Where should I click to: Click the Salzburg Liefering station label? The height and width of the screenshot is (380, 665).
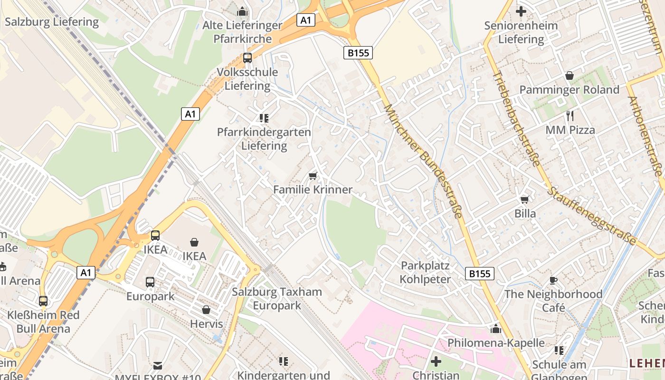point(52,22)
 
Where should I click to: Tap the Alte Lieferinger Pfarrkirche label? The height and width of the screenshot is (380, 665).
point(242,32)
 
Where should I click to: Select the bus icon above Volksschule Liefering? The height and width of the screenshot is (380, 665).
point(247,58)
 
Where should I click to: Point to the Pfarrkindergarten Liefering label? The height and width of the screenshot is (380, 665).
point(264,139)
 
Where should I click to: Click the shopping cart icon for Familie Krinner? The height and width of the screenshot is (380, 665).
point(313,176)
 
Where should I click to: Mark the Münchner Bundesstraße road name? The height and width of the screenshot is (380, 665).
point(422,161)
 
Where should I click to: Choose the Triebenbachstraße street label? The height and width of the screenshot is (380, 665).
point(516,119)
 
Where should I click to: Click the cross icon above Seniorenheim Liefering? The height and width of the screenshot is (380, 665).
point(521,11)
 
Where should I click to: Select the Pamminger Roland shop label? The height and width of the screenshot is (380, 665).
point(569,90)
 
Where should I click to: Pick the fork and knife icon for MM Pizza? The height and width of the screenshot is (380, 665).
point(570,115)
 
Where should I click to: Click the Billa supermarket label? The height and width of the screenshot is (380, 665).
point(525,214)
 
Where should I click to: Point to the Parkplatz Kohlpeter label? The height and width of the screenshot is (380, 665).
point(425,272)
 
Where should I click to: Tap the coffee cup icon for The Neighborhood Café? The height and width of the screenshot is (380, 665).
point(553,280)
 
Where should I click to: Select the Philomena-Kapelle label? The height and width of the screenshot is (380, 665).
point(496,342)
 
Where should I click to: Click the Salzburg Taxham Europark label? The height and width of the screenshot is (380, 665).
point(277,298)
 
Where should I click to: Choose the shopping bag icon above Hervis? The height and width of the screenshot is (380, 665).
point(206,310)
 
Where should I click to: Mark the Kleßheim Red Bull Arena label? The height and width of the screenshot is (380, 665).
point(43,322)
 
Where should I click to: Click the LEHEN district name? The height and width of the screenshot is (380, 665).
point(646,363)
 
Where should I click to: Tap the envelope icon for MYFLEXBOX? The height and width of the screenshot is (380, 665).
point(158,366)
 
